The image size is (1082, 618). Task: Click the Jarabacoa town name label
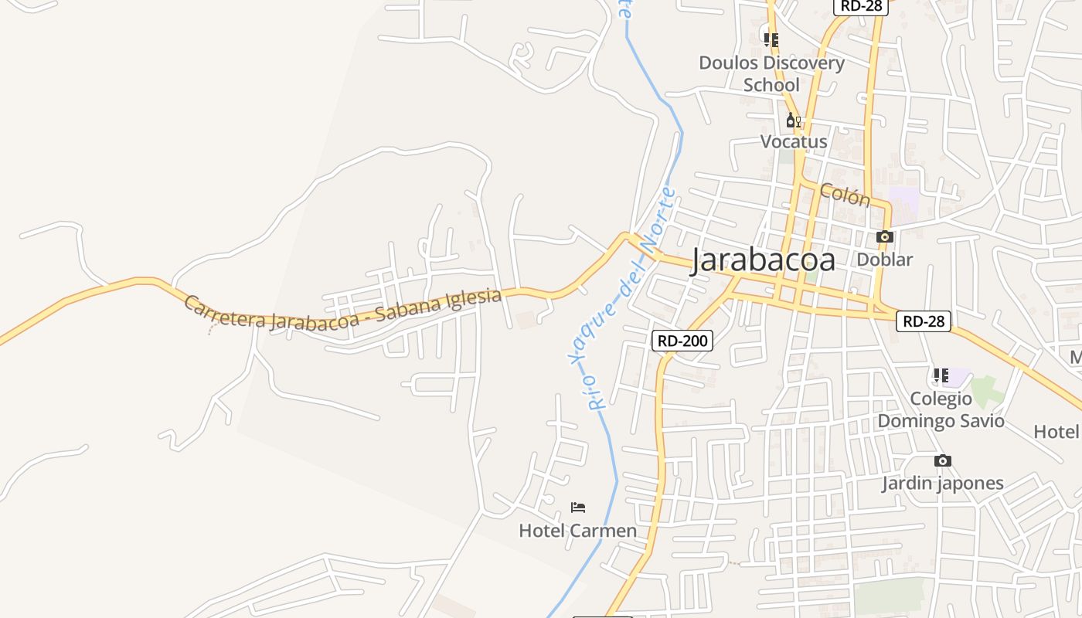(763, 260)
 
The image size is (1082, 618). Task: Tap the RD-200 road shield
(682, 341)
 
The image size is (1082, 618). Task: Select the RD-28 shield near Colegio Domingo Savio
(924, 321)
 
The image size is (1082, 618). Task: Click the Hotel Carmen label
(577, 531)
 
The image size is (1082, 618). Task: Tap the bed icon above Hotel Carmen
(577, 508)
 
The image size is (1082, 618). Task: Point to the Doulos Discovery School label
(771, 73)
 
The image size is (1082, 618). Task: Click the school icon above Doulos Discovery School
(771, 39)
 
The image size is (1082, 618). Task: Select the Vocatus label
(794, 141)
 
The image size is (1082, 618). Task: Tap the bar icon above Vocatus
(793, 120)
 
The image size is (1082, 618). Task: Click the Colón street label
(845, 195)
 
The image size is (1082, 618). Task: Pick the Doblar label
(885, 260)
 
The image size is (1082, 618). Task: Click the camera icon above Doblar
(885, 237)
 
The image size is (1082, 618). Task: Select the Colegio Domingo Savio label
(941, 409)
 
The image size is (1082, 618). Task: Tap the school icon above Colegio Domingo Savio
(941, 376)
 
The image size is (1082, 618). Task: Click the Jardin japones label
(943, 484)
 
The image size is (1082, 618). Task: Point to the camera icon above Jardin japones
(943, 461)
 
